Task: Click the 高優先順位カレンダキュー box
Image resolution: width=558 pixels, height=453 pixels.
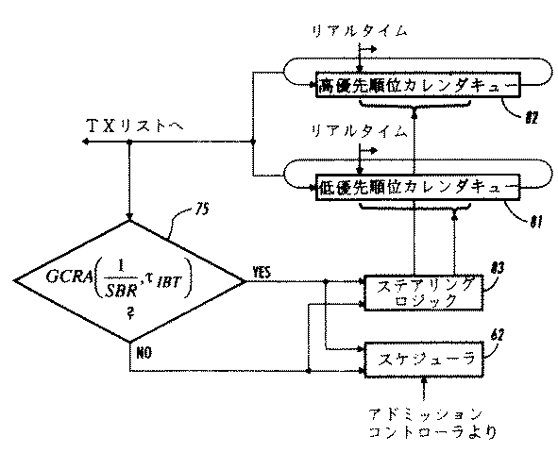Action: coord(416,86)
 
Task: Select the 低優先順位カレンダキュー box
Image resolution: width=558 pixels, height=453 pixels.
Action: coord(416,186)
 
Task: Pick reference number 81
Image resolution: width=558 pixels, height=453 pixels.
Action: coord(534,223)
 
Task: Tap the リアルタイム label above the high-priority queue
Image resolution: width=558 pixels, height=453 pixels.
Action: coord(362,31)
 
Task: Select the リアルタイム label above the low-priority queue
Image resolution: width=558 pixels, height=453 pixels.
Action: coord(362,131)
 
